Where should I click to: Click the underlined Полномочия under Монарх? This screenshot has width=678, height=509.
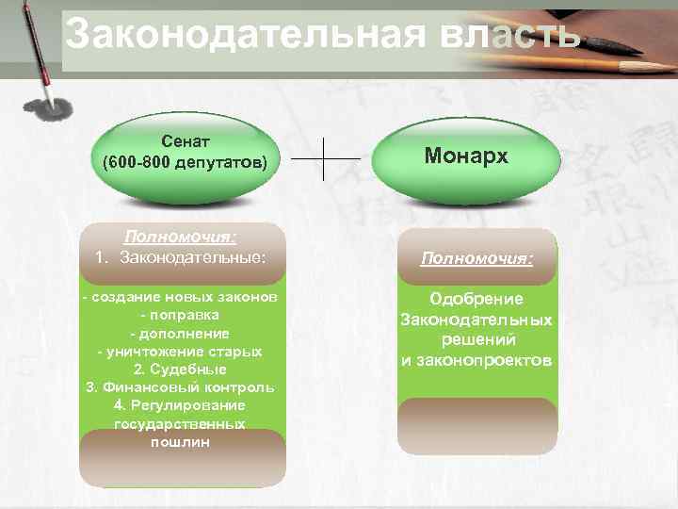[x=476, y=256]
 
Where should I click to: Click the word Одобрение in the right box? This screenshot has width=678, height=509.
[x=476, y=299]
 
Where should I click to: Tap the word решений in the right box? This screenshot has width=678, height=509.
[x=476, y=340]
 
